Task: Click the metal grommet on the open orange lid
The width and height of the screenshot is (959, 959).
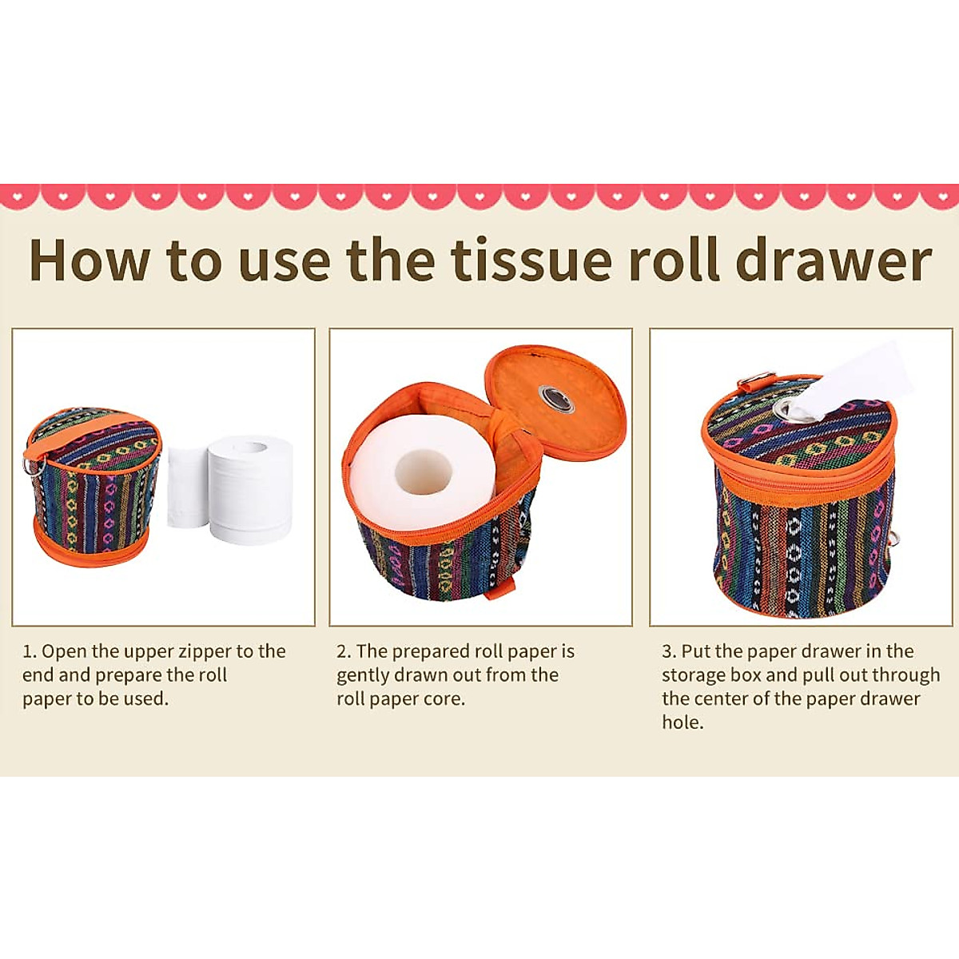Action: coord(555,397)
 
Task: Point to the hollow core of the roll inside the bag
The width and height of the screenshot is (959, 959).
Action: coord(424,471)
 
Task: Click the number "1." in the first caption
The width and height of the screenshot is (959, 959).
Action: coord(30,651)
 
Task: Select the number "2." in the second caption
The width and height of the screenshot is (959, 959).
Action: coord(344,651)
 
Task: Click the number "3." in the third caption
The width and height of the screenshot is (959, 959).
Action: coord(669,651)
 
